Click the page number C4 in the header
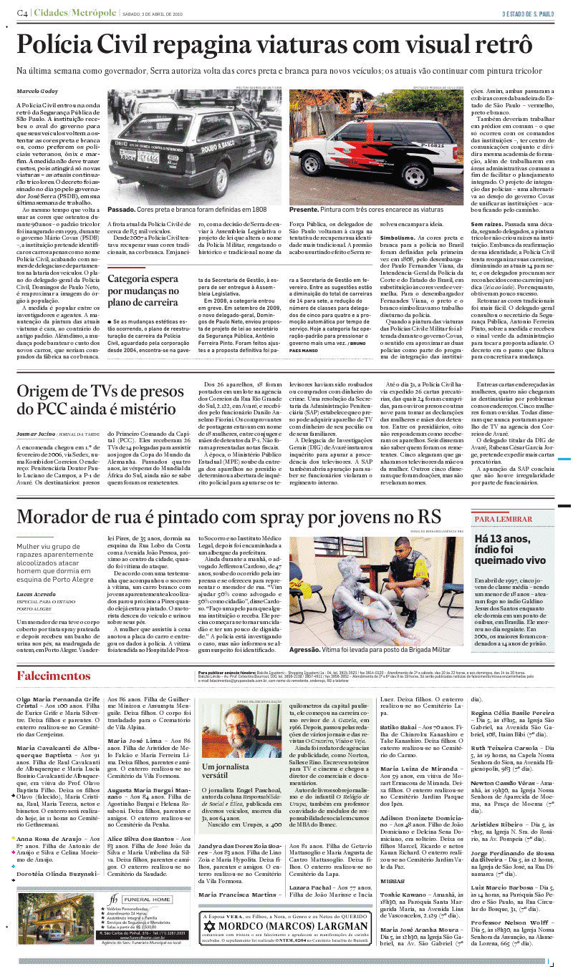click(23, 14)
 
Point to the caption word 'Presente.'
click(306, 210)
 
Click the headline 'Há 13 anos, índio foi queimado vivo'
click(509, 548)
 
